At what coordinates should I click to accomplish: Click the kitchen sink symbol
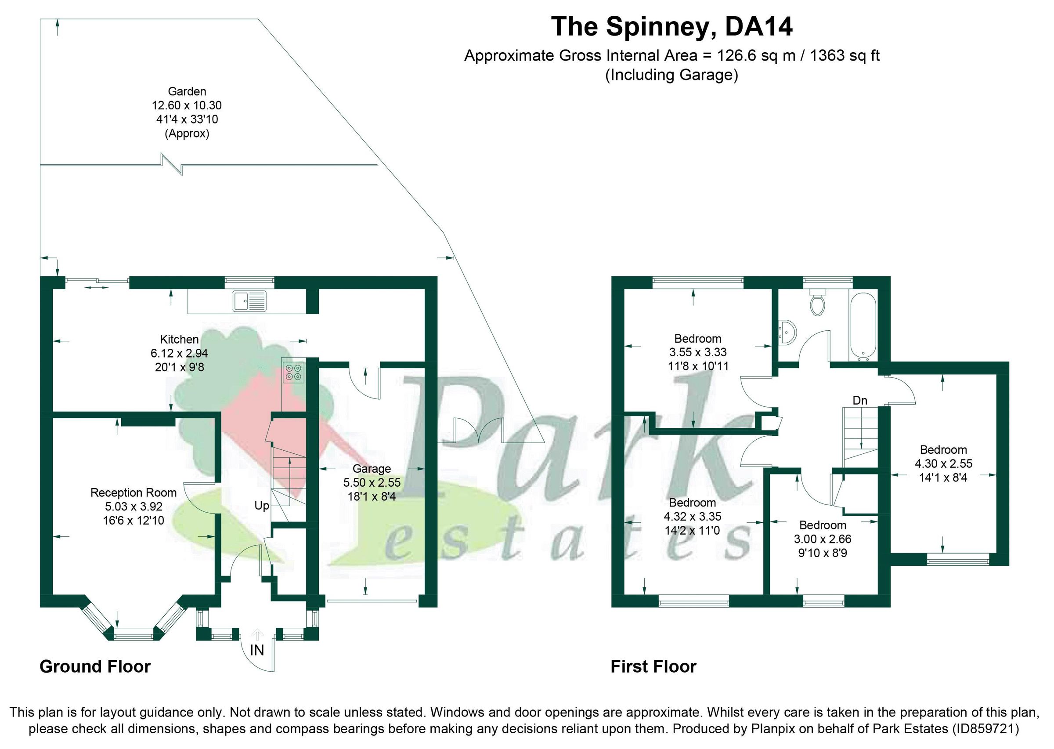pyautogui.click(x=249, y=301)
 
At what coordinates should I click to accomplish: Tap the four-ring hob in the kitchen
pyautogui.click(x=294, y=372)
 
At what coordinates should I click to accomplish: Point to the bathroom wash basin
pyautogui.click(x=787, y=332)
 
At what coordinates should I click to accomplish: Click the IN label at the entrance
pyautogui.click(x=257, y=650)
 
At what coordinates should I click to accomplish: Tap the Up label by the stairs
pyautogui.click(x=261, y=506)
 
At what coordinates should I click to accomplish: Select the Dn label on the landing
pyautogui.click(x=860, y=400)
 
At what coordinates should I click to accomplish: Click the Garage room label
pyautogui.click(x=372, y=469)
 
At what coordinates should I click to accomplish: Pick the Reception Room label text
pyautogui.click(x=133, y=492)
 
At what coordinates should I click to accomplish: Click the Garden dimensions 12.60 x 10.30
pyautogui.click(x=187, y=105)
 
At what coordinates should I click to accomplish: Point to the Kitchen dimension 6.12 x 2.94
pyautogui.click(x=179, y=353)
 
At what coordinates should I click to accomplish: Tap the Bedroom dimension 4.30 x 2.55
pyautogui.click(x=943, y=463)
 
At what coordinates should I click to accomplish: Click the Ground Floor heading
pyautogui.click(x=95, y=666)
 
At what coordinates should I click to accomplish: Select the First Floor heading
pyautogui.click(x=653, y=666)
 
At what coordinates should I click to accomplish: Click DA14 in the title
pyautogui.click(x=758, y=26)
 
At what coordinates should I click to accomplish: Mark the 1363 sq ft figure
pyautogui.click(x=845, y=56)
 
